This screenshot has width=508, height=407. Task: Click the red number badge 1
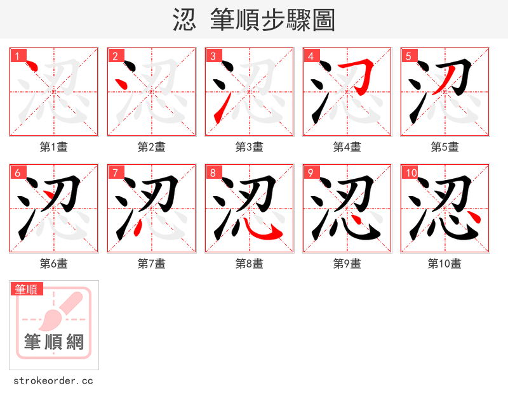[17, 56]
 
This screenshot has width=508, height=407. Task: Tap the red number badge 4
[311, 56]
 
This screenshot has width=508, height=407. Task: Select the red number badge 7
[115, 172]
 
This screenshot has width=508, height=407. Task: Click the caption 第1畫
[53, 147]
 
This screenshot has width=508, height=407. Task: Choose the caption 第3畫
[249, 147]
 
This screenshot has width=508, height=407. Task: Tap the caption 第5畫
[444, 147]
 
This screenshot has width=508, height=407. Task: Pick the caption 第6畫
[53, 264]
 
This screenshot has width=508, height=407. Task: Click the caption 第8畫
[249, 264]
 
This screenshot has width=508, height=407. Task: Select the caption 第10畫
[444, 264]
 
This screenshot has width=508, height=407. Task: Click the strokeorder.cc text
[53, 381]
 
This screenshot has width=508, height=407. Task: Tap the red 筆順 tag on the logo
[27, 289]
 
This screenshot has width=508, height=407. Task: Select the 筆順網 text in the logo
[54, 342]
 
